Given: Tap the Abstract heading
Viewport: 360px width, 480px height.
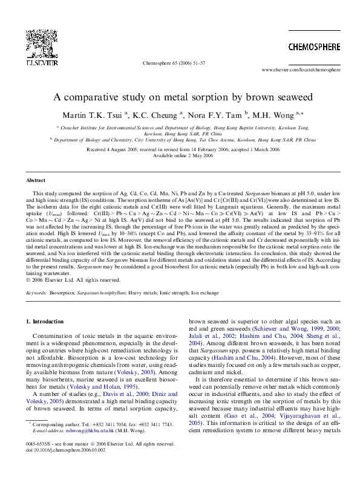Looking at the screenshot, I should click(x=36, y=181).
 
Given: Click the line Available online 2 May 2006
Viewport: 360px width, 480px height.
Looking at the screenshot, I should click(x=180, y=155).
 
